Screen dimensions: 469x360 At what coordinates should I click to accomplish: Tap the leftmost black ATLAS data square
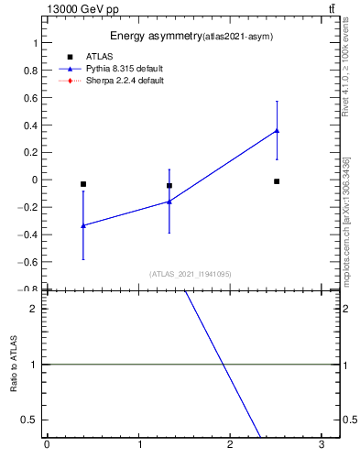pos(83,184)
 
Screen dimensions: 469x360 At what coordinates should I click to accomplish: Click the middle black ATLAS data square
pos(169,186)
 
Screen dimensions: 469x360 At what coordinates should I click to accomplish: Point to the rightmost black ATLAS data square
pos(277,181)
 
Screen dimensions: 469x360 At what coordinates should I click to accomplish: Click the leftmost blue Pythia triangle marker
pos(83,225)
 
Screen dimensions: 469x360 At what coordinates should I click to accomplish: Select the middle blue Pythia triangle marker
pos(169,202)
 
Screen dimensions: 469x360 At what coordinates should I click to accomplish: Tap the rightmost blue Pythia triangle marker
pos(277,131)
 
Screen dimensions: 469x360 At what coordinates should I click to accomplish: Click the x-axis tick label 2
pos(231,444)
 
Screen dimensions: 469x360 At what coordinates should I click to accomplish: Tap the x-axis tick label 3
pos(322,444)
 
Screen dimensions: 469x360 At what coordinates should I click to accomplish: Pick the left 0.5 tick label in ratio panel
pos(31,420)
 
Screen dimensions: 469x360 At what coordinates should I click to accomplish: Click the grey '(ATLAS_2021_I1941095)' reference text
pos(191,274)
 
